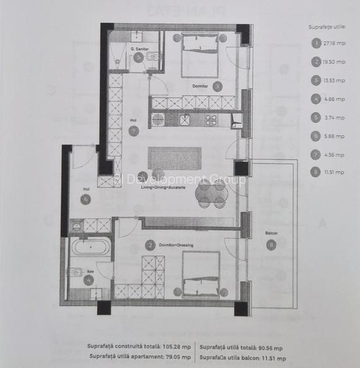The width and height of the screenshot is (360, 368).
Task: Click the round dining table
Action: coord(212,192)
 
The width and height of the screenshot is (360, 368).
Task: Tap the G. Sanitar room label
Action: coord(140,49)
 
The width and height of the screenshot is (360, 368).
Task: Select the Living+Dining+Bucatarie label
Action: coord(164,188)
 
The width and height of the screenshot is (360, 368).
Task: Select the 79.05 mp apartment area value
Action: coord(177,357)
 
